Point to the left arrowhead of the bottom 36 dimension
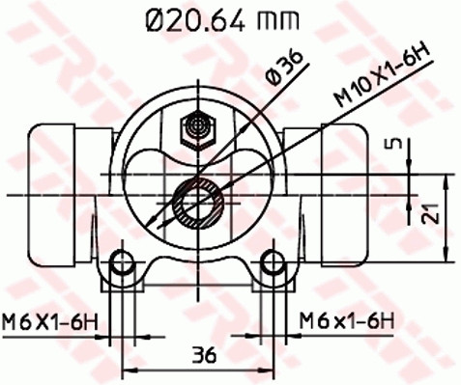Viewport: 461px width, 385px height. click(127, 369)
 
